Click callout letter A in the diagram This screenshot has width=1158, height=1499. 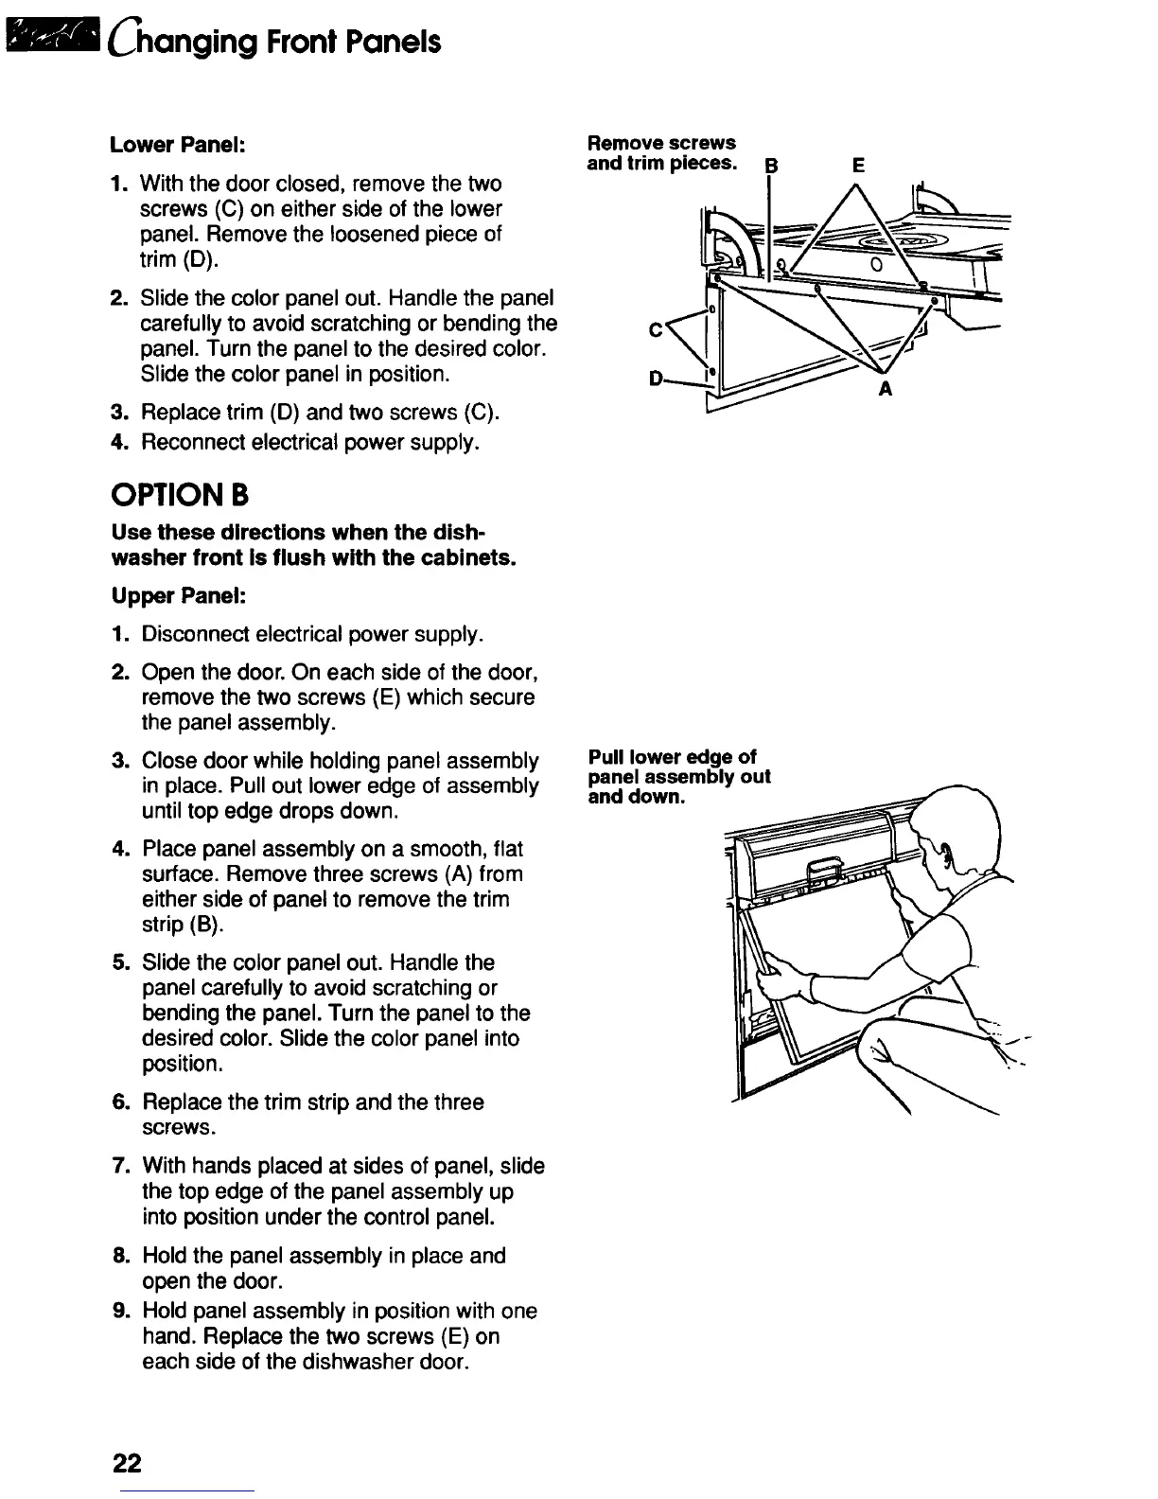coord(886,388)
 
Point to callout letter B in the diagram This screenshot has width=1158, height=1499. coord(770,168)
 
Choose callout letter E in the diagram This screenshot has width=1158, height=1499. coord(857,166)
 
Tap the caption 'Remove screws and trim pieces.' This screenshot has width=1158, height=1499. coord(661,152)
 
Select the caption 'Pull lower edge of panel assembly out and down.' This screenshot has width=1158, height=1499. coord(678,776)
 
